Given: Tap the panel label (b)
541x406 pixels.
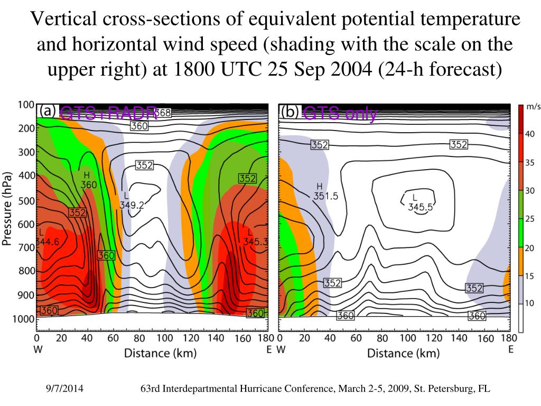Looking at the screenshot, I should click(290, 112).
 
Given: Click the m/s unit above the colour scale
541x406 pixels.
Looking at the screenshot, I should click(534, 107).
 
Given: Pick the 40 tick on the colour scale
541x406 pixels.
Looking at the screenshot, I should click(529, 134).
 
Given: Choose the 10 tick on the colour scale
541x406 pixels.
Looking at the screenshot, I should click(529, 302).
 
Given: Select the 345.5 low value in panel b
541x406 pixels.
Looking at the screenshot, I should click(421, 207).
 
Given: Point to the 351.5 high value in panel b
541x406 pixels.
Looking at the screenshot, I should click(326, 196).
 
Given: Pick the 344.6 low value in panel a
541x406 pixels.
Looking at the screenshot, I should click(48, 242).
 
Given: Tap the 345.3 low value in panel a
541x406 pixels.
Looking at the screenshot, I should click(255, 242).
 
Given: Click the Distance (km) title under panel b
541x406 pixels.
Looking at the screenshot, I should click(403, 353).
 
